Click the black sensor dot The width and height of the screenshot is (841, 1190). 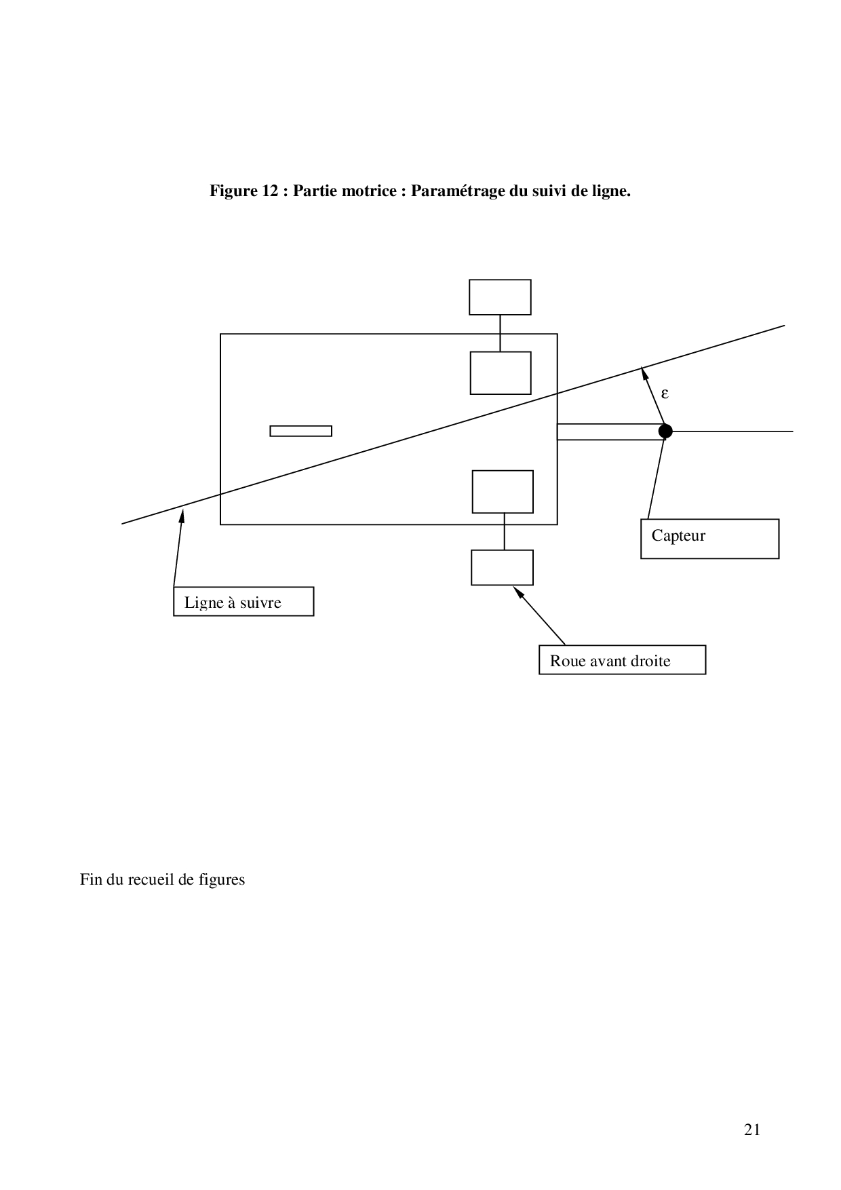[665, 431]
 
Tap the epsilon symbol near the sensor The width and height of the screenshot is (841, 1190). [665, 393]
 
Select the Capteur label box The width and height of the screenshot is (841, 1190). [709, 539]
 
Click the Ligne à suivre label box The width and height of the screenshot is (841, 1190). [243, 602]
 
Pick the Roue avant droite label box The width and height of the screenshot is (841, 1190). [622, 660]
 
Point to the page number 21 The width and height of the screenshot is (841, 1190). [752, 1130]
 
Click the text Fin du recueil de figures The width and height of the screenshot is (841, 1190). [162, 880]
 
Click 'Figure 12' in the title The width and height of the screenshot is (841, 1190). [245, 191]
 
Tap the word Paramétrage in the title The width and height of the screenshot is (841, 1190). [458, 191]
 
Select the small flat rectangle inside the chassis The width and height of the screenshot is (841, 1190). [300, 431]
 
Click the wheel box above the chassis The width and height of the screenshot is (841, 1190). [500, 297]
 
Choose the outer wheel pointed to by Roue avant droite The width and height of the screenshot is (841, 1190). [502, 567]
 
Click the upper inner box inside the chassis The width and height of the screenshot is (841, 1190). [501, 373]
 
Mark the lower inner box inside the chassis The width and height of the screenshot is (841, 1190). [503, 492]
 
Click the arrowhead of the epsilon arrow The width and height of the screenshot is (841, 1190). [644, 371]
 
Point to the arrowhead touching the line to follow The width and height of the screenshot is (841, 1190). [182, 515]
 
